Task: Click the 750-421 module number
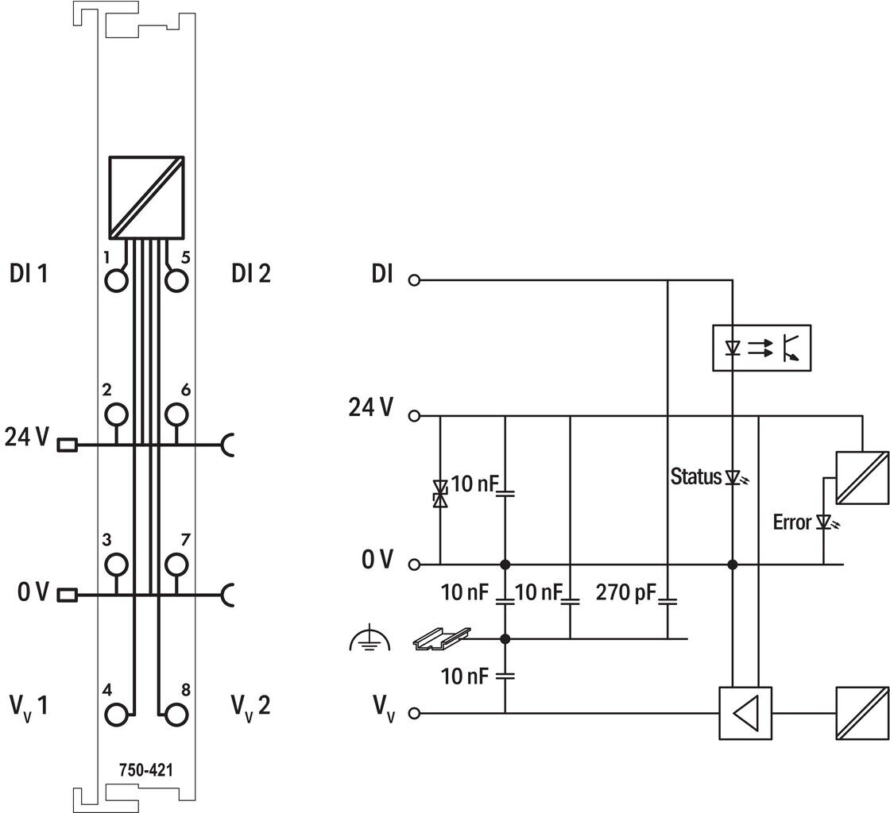pos(146,770)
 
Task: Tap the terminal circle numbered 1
pos(116,280)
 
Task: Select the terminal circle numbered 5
pos(176,280)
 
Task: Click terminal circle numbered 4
pos(116,715)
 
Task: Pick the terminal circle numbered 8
pos(176,715)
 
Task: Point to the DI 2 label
pos(251,273)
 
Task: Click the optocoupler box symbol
pos(762,348)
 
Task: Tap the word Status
pos(696,476)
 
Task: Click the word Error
pos(791,522)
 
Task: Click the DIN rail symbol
pos(442,638)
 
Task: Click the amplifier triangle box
pos(745,713)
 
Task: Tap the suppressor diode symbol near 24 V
pos(440,493)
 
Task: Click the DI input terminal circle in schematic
pos(414,280)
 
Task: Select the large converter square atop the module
pos(146,198)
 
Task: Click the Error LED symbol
pos(826,522)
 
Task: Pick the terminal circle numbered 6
pos(176,414)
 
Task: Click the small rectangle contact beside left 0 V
pos(68,595)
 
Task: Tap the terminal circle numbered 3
pos(116,564)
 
